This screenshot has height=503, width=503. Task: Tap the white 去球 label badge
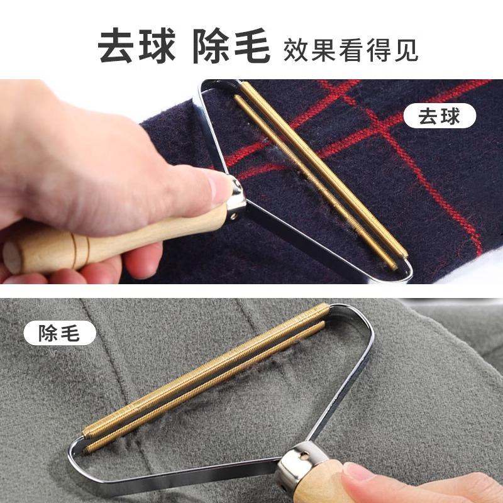click(x=441, y=116)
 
